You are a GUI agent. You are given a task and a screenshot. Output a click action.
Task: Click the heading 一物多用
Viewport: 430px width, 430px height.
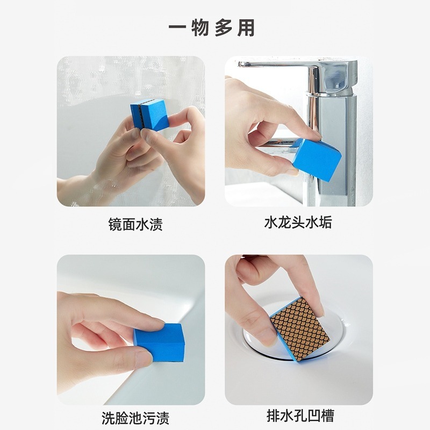[x=212, y=27]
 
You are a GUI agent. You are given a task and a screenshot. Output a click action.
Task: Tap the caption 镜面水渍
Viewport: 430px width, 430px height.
[x=135, y=225]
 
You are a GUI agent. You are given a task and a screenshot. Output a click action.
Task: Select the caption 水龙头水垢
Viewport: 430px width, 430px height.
[x=298, y=222]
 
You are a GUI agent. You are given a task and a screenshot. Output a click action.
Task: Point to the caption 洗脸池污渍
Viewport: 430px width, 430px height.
[x=135, y=418]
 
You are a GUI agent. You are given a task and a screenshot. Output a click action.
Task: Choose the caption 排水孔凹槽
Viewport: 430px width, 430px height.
[x=300, y=415]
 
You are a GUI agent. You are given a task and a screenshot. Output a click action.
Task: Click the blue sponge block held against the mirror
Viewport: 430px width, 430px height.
[x=149, y=114]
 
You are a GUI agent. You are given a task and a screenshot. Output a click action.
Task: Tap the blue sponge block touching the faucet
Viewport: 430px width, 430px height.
[x=317, y=156]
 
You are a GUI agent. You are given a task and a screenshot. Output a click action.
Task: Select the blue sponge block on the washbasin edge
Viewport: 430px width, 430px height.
[x=159, y=343]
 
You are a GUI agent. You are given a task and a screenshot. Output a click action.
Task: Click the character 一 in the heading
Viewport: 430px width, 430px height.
[x=177, y=27]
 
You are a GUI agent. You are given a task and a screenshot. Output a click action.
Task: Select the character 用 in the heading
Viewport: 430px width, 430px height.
[x=246, y=28]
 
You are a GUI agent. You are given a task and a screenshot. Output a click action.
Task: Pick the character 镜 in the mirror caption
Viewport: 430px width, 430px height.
[x=115, y=225]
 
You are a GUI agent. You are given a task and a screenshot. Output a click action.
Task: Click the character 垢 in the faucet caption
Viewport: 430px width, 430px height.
[x=326, y=223]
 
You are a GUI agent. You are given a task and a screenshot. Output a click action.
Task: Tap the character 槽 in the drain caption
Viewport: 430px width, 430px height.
[x=328, y=416]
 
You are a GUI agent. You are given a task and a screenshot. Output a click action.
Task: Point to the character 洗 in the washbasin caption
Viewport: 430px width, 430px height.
[x=109, y=418]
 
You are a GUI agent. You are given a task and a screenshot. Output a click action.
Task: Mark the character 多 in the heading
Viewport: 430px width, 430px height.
[x=223, y=28]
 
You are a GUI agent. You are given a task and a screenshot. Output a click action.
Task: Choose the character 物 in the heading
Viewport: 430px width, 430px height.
[x=200, y=28]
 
